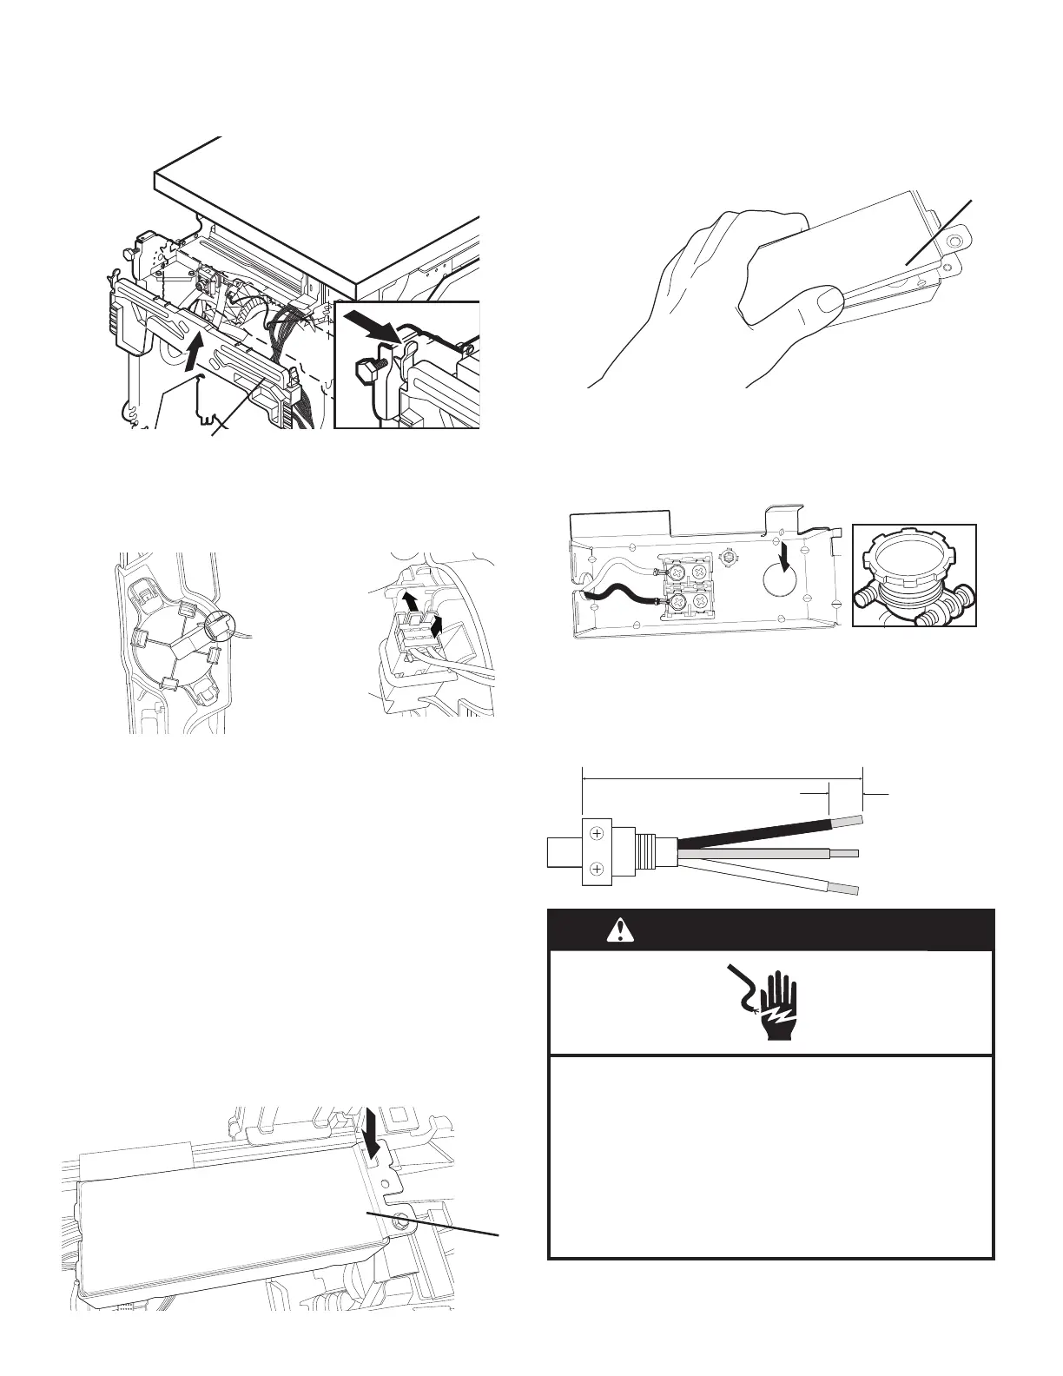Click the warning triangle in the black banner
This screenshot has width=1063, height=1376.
click(621, 930)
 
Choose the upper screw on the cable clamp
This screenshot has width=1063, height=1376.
click(597, 833)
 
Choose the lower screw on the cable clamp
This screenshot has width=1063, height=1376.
click(597, 870)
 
